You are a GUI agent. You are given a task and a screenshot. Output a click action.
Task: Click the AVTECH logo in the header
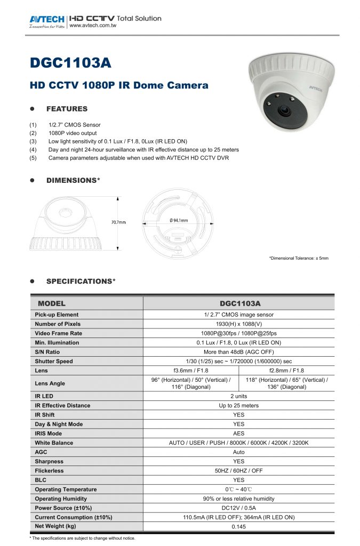coord(47,20)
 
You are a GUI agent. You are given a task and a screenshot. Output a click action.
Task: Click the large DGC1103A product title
coord(70,63)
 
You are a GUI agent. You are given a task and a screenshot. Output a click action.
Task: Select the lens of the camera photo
coord(284,112)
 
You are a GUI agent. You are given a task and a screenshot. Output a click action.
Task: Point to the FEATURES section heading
coord(67,109)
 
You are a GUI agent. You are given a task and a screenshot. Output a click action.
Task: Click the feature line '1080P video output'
coord(73,133)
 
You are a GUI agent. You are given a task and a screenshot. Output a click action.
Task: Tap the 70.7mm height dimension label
coord(118,222)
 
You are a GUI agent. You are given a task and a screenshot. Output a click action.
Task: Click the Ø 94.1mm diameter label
coord(179,220)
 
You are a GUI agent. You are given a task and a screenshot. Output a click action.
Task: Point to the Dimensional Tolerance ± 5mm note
coord(299,258)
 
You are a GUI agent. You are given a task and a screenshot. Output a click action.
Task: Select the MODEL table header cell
coord(51,303)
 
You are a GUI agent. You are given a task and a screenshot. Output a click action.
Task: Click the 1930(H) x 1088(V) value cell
coord(238,324)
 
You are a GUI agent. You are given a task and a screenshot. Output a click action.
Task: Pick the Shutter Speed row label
coord(54,361)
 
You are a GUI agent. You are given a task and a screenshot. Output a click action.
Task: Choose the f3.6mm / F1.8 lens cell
coord(191,371)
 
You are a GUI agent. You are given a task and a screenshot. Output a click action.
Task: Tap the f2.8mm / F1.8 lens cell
coord(287,371)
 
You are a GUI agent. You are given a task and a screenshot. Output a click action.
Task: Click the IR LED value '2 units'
coord(238,396)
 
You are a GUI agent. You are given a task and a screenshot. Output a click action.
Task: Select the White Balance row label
coord(54,443)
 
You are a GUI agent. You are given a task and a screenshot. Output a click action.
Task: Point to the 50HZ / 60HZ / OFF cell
coord(238,471)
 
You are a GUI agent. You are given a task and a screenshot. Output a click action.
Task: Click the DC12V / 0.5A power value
coord(238,508)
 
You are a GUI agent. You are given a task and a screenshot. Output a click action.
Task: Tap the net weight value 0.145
coord(238,527)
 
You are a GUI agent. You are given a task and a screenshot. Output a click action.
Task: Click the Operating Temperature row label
coord(66,489)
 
